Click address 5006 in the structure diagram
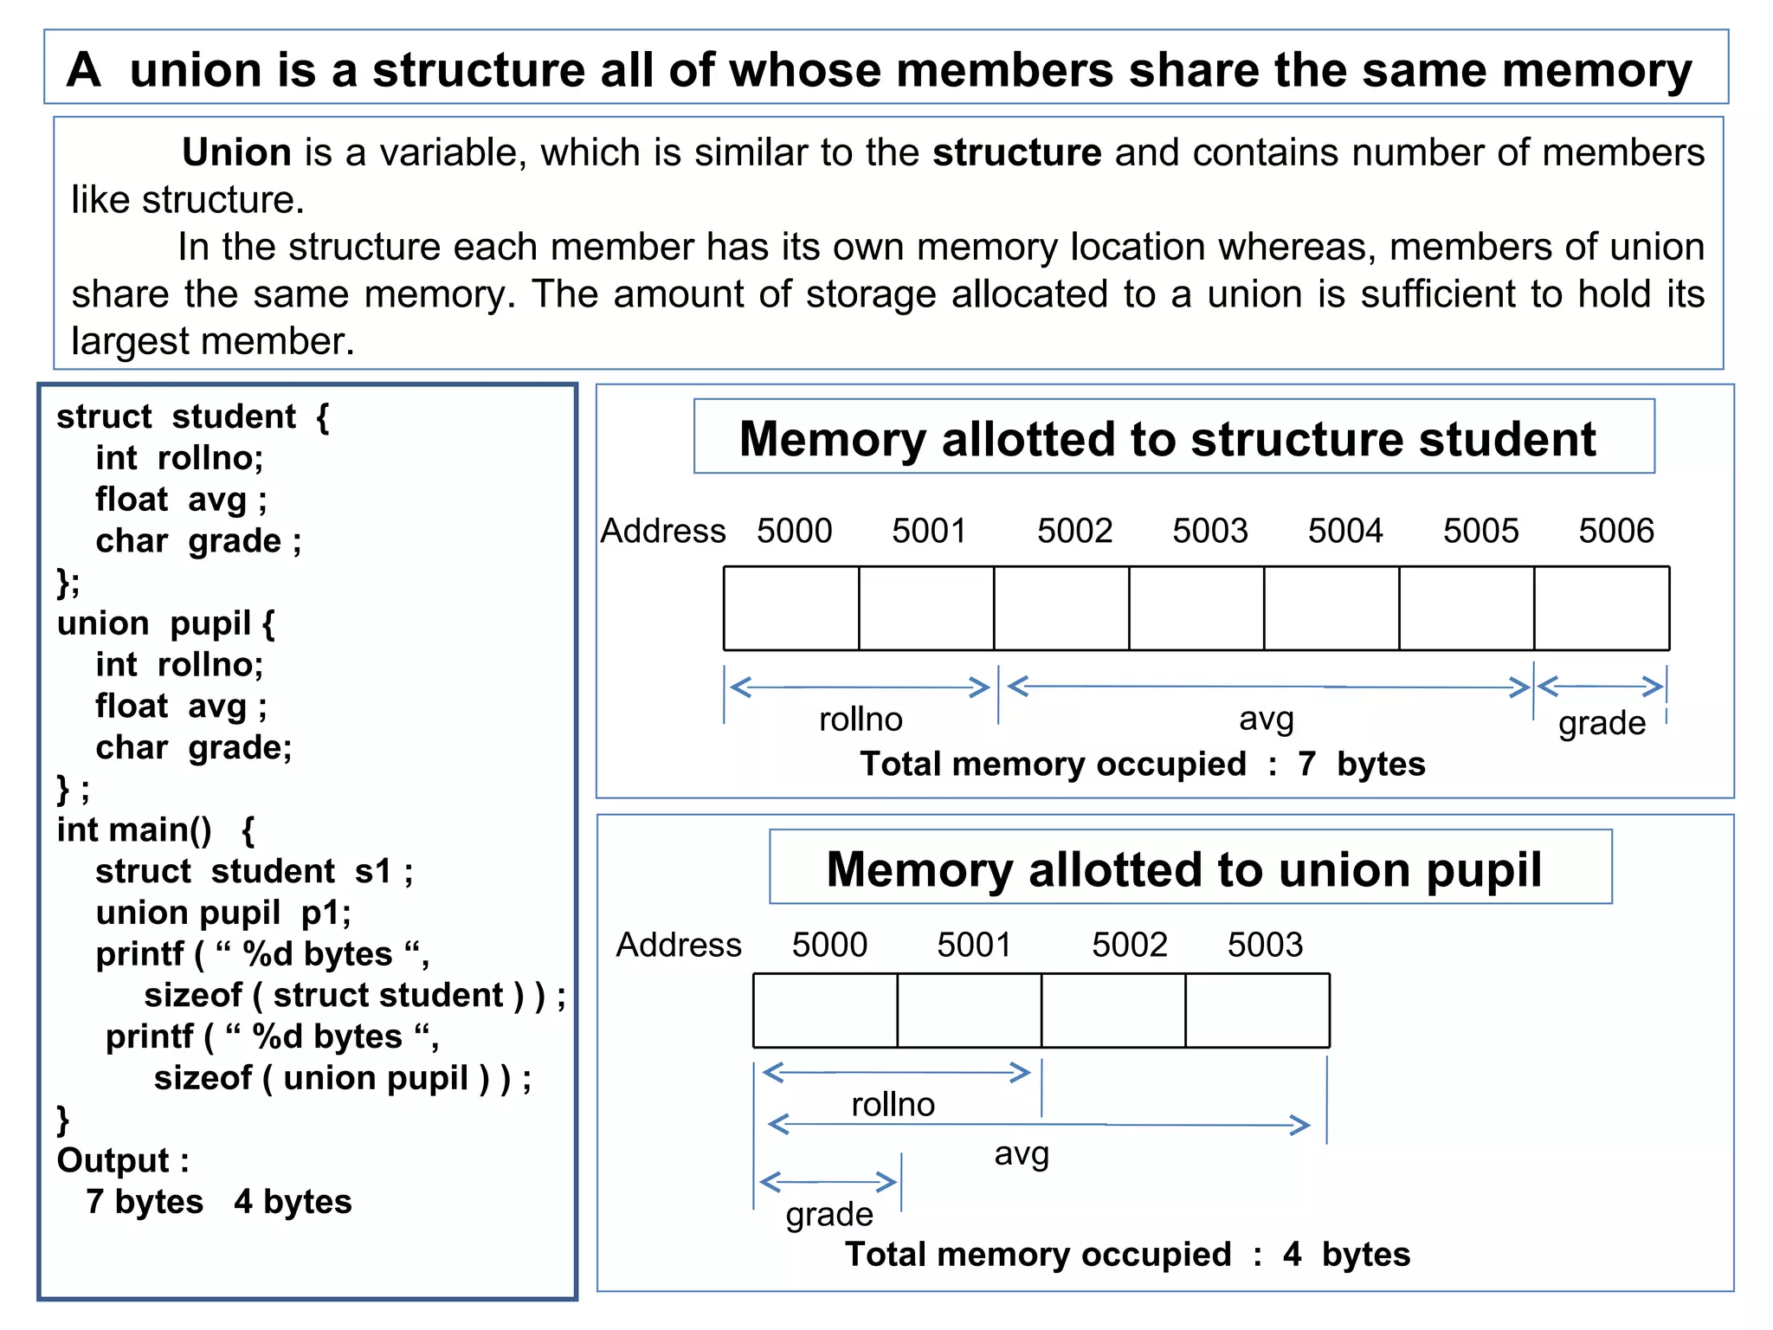point(1615,531)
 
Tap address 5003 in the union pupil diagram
point(1265,945)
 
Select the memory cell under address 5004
point(1331,609)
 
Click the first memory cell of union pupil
point(825,1010)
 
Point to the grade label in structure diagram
point(1602,723)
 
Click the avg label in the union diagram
point(1022,1153)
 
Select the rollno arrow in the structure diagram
point(860,688)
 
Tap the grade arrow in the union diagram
point(828,1182)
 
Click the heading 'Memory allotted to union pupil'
point(1183,869)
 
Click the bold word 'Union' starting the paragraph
point(236,153)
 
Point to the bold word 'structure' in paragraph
point(1016,153)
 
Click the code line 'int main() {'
point(156,830)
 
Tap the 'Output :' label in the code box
point(123,1160)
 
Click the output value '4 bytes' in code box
point(293,1202)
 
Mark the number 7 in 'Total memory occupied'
point(1306,765)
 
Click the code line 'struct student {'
point(192,416)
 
